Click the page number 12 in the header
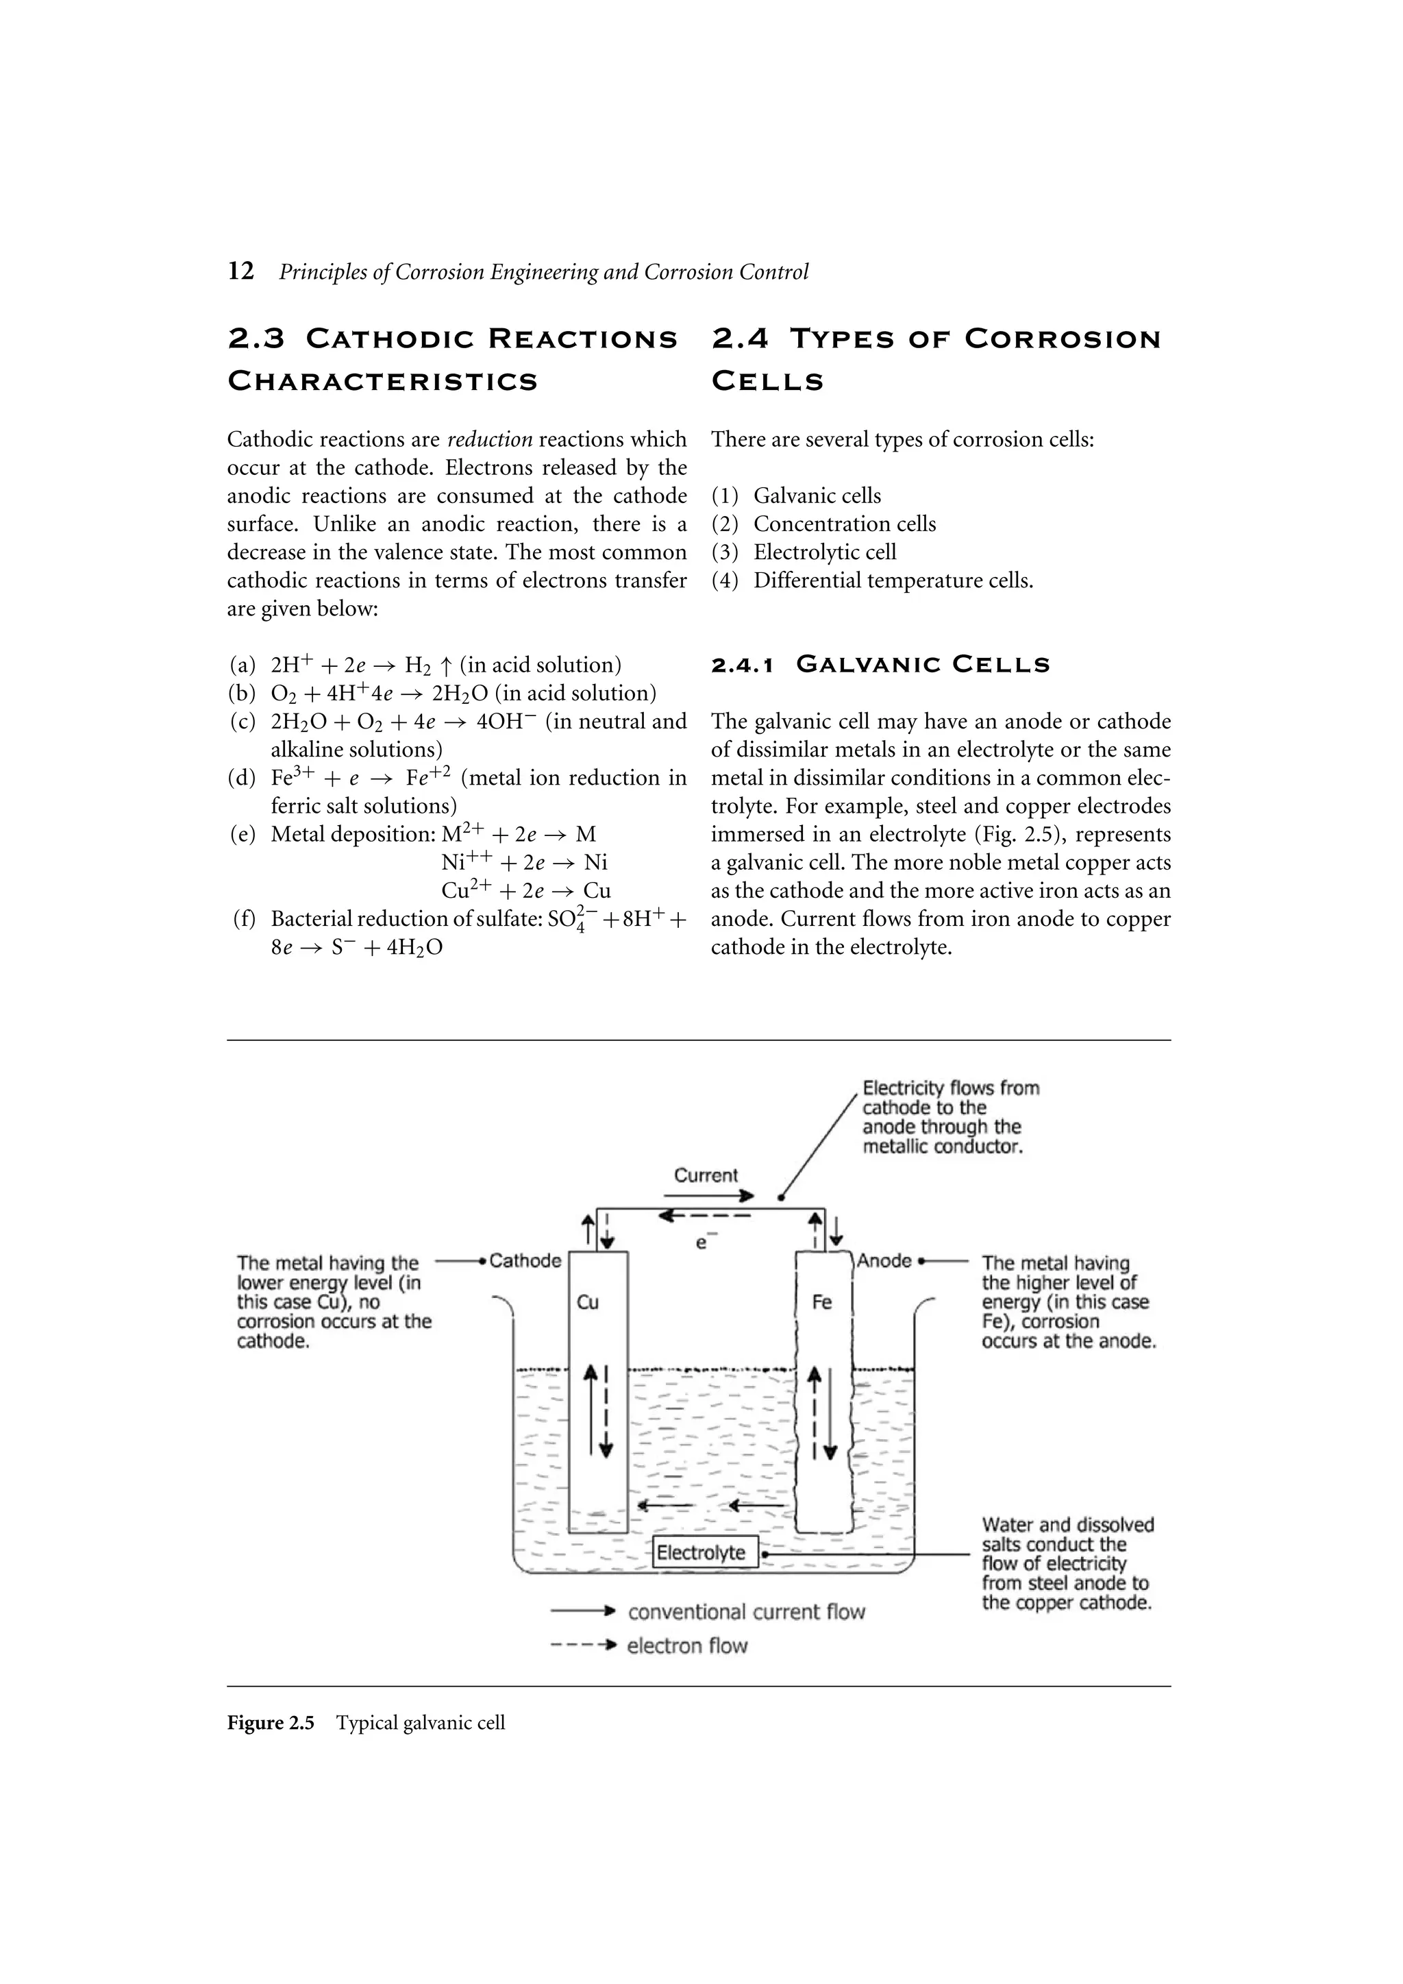[241, 271]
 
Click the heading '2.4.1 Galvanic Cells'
[880, 665]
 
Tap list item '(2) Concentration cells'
[823, 524]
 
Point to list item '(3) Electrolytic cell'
[804, 552]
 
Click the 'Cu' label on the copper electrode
[588, 1302]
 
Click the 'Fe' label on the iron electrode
[821, 1302]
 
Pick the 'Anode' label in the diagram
[884, 1261]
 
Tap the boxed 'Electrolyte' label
[701, 1553]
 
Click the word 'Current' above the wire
[706, 1175]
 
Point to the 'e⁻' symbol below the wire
[701, 1242]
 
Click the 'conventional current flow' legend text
[747, 1613]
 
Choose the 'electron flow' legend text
[687, 1646]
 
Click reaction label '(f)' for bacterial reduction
[244, 918]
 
